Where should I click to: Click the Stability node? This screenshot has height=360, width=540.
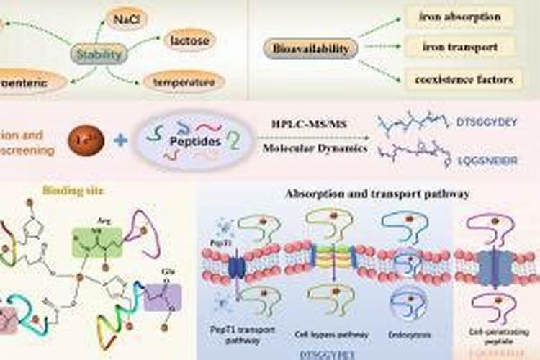coord(99,53)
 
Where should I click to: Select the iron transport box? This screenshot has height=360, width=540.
coord(459,48)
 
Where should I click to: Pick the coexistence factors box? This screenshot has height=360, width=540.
coord(459,78)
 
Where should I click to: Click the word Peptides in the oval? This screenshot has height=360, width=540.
coord(195,143)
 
